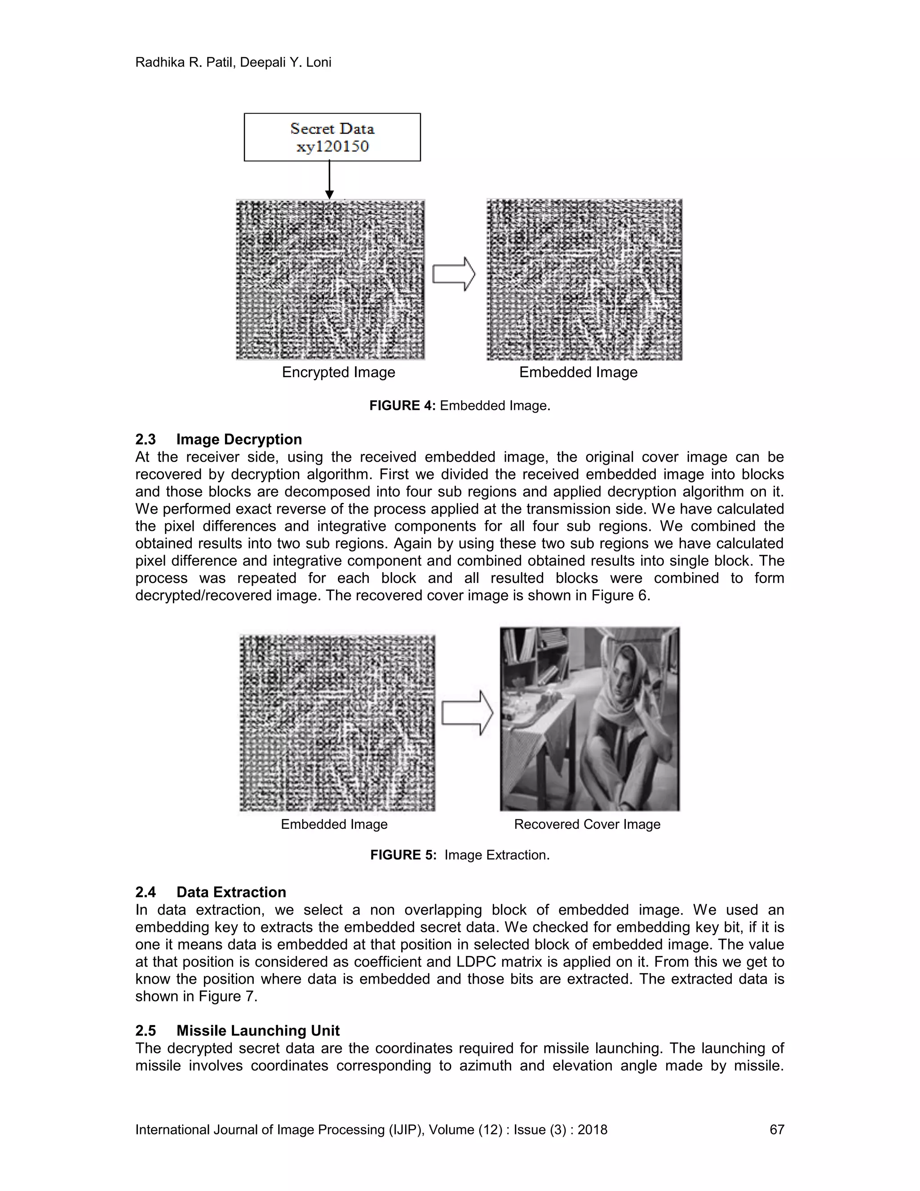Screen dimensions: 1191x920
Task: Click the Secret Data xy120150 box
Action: (332, 137)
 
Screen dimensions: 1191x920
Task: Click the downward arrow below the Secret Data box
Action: (329, 180)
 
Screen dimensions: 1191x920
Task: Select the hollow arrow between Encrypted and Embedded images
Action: (453, 274)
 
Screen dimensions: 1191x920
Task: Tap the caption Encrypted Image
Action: (338, 373)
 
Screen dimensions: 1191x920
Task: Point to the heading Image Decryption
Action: (239, 440)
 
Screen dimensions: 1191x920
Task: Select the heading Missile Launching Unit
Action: (258, 1031)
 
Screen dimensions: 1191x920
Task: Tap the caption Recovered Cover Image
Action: (587, 825)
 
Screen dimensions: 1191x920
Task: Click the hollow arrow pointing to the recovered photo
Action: (467, 713)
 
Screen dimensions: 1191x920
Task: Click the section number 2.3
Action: (146, 440)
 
